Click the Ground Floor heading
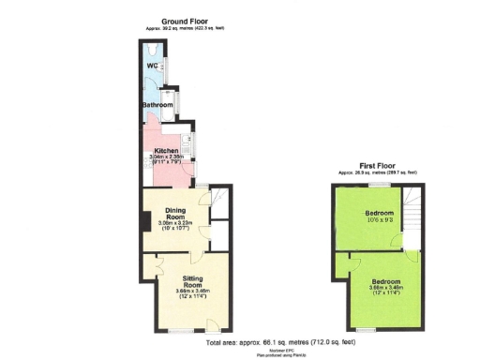(183, 21)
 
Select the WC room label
(151, 67)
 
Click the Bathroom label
(157, 105)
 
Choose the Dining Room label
(176, 213)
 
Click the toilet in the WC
(154, 51)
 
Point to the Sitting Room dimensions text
(189, 294)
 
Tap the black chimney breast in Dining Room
(145, 221)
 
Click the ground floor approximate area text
(185, 29)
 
